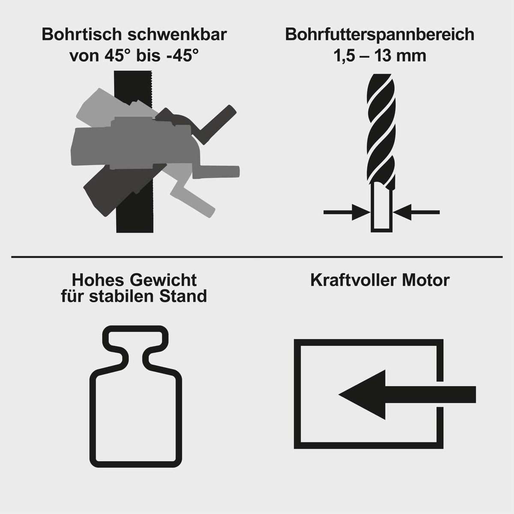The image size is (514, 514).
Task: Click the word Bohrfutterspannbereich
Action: coord(380,35)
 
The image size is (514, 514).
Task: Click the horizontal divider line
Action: coord(257,257)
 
